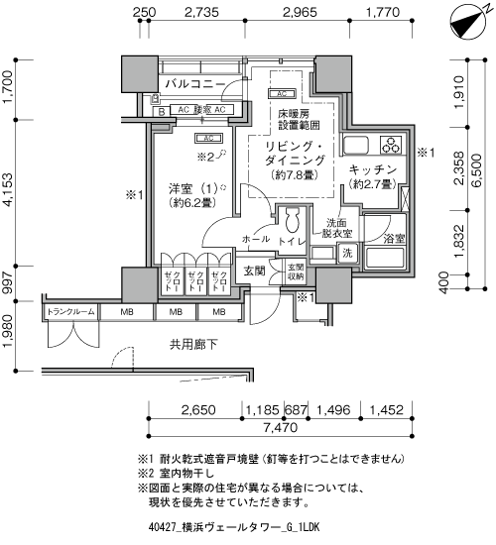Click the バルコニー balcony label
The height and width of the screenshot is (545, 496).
point(194,84)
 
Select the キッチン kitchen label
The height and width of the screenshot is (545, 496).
point(373,170)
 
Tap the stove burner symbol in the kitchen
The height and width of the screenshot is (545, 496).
point(388,145)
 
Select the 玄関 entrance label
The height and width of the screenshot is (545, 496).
point(253,270)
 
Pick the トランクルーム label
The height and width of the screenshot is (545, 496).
point(66,314)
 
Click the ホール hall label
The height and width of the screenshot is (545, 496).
point(254,239)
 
